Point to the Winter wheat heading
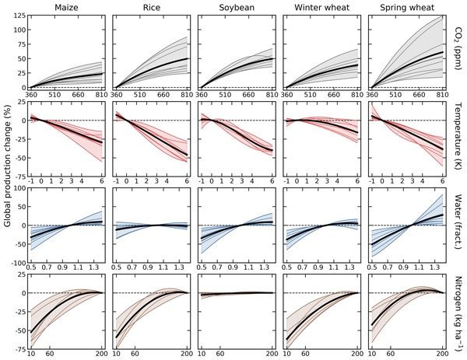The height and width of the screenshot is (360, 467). tap(318, 8)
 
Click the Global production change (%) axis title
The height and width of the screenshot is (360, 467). tap(7, 181)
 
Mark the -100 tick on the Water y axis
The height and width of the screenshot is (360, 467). tap(14, 254)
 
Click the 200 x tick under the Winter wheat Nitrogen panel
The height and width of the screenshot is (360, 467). tap(355, 355)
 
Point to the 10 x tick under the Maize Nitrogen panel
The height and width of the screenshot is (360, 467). tap(31, 355)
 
